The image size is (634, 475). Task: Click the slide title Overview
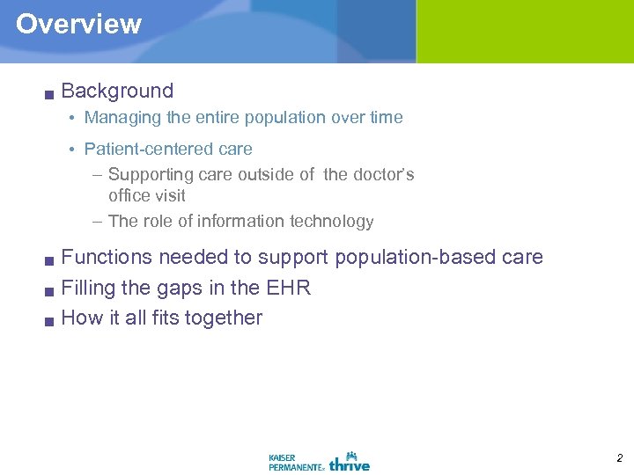click(x=78, y=24)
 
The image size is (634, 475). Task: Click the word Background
click(x=117, y=91)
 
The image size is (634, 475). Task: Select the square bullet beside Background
click(x=50, y=93)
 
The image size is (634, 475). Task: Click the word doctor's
click(x=383, y=175)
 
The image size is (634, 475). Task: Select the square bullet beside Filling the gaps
click(x=50, y=290)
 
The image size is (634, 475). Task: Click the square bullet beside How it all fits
click(x=50, y=320)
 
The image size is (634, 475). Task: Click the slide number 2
click(x=618, y=458)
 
